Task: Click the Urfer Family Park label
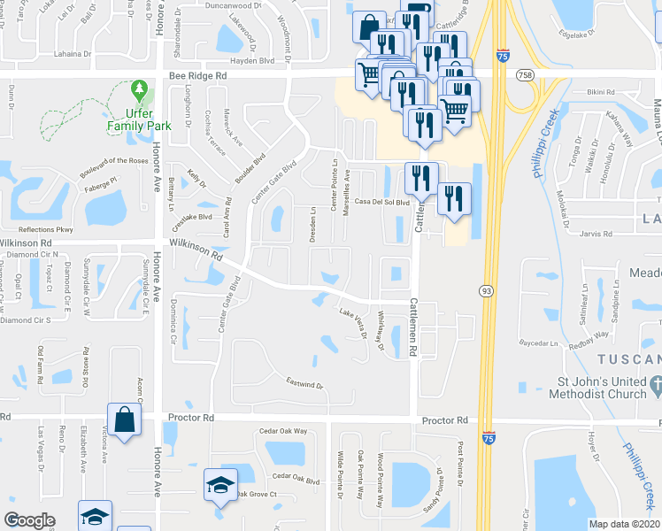click(139, 119)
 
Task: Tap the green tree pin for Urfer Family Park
click(138, 90)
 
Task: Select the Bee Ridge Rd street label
click(197, 77)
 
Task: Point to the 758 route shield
click(526, 76)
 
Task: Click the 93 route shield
click(486, 290)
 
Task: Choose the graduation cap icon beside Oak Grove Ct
click(220, 485)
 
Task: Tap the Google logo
click(29, 520)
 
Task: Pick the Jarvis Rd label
click(594, 235)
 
